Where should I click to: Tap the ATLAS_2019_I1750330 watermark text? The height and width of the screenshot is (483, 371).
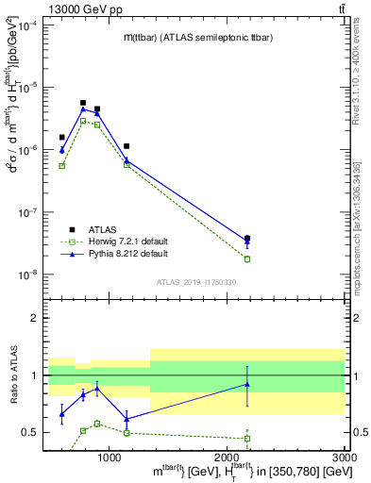click(x=195, y=282)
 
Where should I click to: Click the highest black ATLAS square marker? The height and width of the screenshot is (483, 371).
click(x=83, y=103)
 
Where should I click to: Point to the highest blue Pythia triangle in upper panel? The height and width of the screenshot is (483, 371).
click(x=83, y=109)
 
